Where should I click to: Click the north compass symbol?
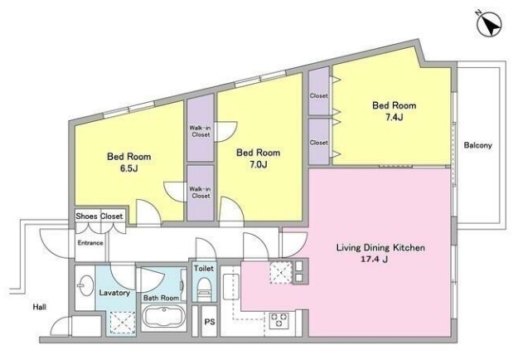(x=489, y=25)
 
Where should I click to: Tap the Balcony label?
(x=477, y=145)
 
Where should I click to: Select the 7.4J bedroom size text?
(x=394, y=117)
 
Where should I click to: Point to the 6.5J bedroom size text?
(x=128, y=168)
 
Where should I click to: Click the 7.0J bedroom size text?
(x=258, y=164)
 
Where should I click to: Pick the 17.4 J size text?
(x=374, y=260)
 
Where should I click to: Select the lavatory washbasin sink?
(x=85, y=285)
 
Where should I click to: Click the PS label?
(x=210, y=322)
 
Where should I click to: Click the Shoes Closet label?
(x=99, y=216)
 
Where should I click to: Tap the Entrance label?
(x=90, y=243)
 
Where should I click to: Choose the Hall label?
(x=39, y=307)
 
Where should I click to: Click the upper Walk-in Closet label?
(x=200, y=131)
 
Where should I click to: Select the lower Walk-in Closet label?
(x=200, y=192)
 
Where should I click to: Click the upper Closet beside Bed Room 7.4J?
(x=319, y=95)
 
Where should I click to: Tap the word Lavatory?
(x=114, y=293)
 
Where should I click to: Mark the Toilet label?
(x=204, y=268)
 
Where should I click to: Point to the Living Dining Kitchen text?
(x=380, y=248)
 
